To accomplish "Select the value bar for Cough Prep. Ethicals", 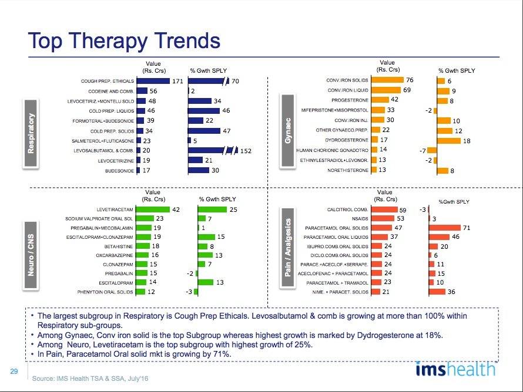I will click(x=153, y=81).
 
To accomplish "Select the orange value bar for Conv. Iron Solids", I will click(x=387, y=80).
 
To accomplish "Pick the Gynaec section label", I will click(x=289, y=127).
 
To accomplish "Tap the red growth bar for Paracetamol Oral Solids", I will click(x=444, y=228).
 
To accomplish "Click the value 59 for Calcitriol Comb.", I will click(x=403, y=209).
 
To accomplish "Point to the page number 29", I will click(x=13, y=371).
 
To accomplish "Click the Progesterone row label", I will click(x=350, y=100).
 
